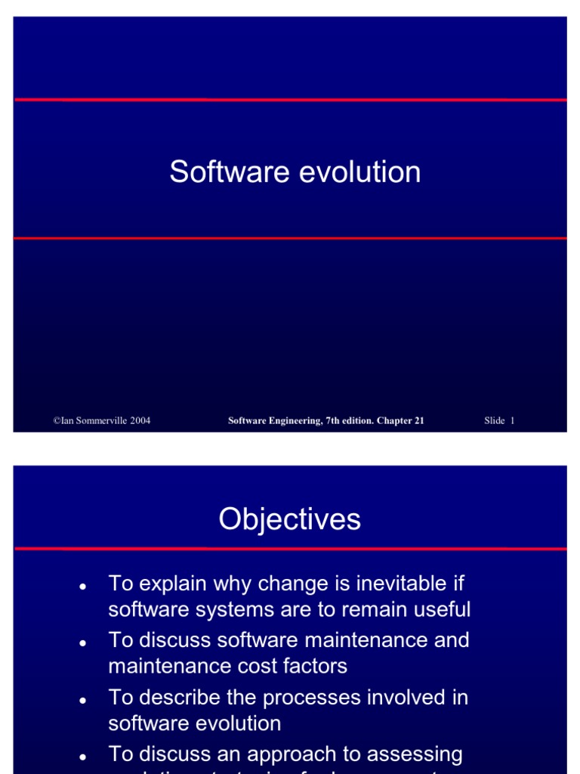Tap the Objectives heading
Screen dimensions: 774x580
point(290,519)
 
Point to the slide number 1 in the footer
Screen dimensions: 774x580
point(512,421)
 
